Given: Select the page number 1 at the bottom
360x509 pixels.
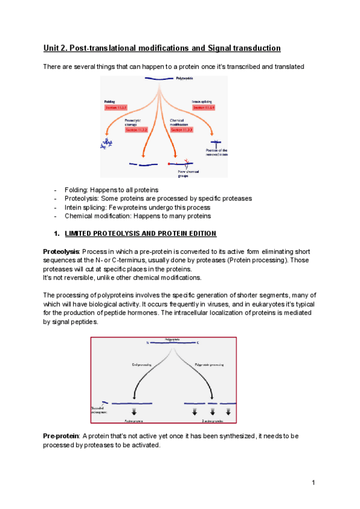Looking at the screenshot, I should [x=313, y=483].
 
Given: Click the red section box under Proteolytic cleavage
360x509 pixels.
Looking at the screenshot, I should [x=136, y=129].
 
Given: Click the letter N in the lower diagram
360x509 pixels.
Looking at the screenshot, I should [x=147, y=343].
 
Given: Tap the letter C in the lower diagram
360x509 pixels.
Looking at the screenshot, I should [x=197, y=343].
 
